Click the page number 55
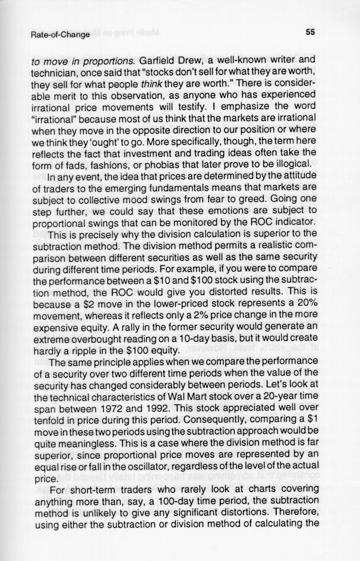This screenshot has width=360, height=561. click(x=310, y=33)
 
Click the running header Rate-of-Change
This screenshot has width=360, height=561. click(x=60, y=34)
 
